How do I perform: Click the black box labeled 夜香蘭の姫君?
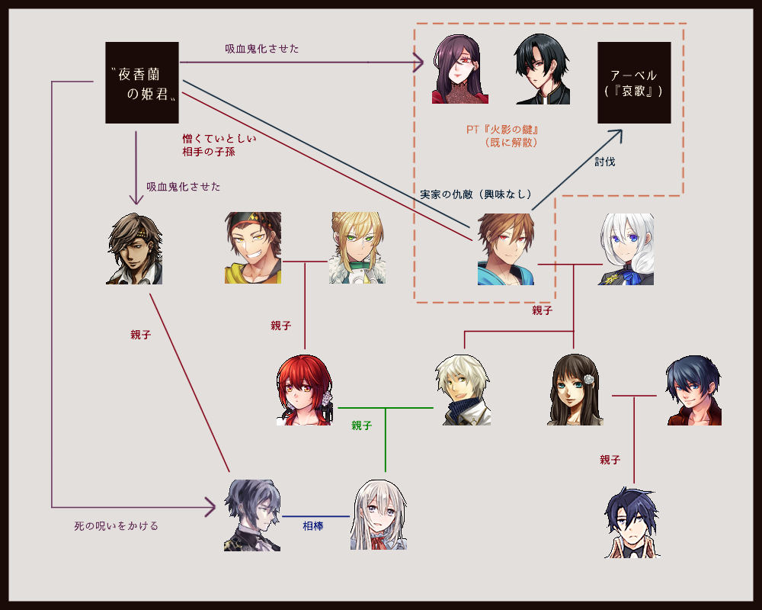(142, 82)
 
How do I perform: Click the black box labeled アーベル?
(634, 82)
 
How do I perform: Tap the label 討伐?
(605, 162)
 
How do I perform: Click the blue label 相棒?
(313, 526)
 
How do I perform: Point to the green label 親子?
(362, 425)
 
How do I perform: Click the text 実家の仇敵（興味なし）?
(475, 194)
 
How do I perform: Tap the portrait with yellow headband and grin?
(253, 248)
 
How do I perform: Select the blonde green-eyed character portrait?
(357, 248)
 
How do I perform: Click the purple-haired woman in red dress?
(460, 69)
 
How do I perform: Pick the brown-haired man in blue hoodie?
(506, 249)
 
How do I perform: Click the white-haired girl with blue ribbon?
(626, 249)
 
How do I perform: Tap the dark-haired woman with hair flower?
(575, 390)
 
